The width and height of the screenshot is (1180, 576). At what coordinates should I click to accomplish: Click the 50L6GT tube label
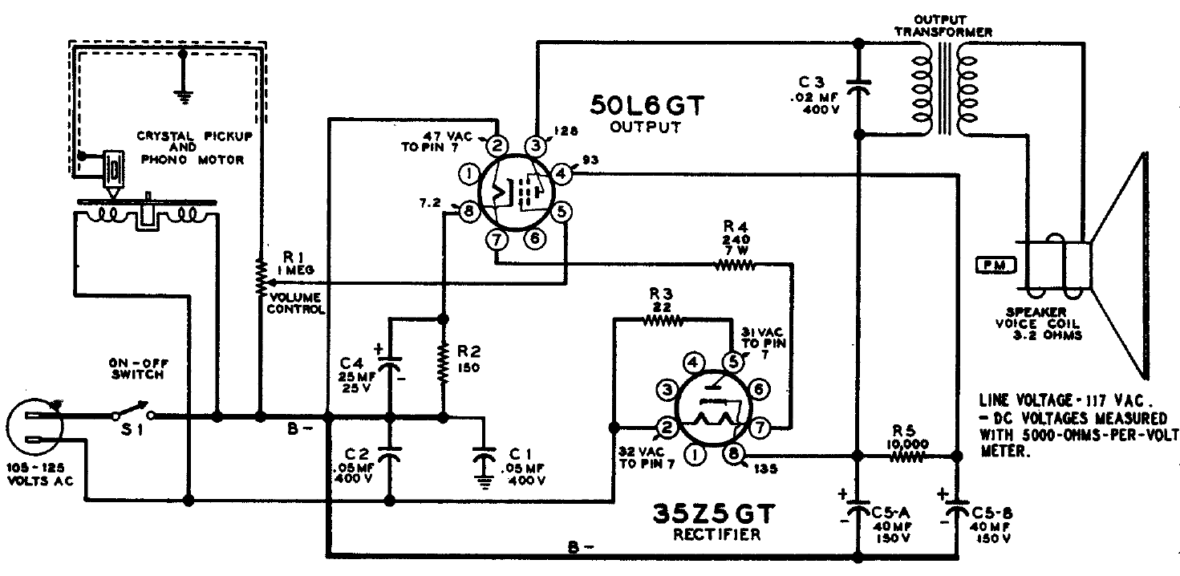point(647,105)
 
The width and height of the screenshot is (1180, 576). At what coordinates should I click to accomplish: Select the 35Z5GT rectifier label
point(714,513)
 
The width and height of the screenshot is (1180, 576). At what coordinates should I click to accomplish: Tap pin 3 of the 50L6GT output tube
point(536,145)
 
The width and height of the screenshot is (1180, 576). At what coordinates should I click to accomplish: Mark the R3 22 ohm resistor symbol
point(663,319)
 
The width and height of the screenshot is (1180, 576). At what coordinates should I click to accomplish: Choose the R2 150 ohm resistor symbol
point(443,363)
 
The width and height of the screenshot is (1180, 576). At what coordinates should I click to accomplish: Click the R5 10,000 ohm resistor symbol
point(907,456)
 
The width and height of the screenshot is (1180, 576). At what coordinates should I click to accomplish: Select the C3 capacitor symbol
point(858,87)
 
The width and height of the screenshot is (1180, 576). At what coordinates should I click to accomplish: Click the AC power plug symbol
point(34,427)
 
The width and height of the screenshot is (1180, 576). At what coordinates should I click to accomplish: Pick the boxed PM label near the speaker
point(995,265)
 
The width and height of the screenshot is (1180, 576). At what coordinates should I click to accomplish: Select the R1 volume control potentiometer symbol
point(260,277)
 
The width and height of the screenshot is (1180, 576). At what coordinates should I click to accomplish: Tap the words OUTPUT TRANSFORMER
point(943,26)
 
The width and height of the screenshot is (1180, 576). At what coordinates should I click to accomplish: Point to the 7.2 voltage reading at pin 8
point(429,203)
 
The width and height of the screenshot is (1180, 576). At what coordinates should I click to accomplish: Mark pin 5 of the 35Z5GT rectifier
point(732,362)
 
